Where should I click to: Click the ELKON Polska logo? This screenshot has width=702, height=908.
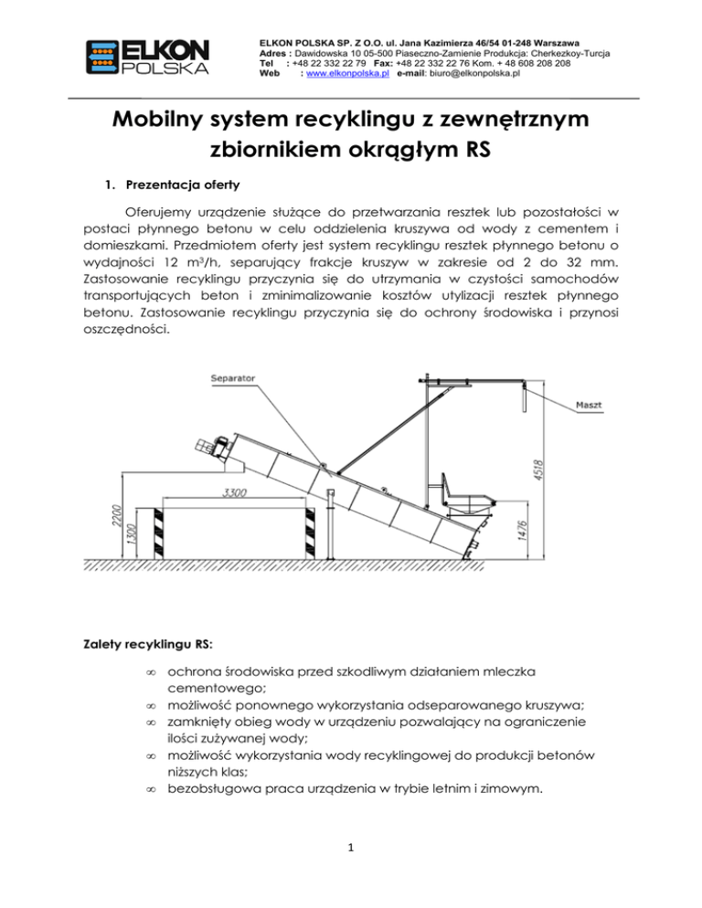coord(147,57)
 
